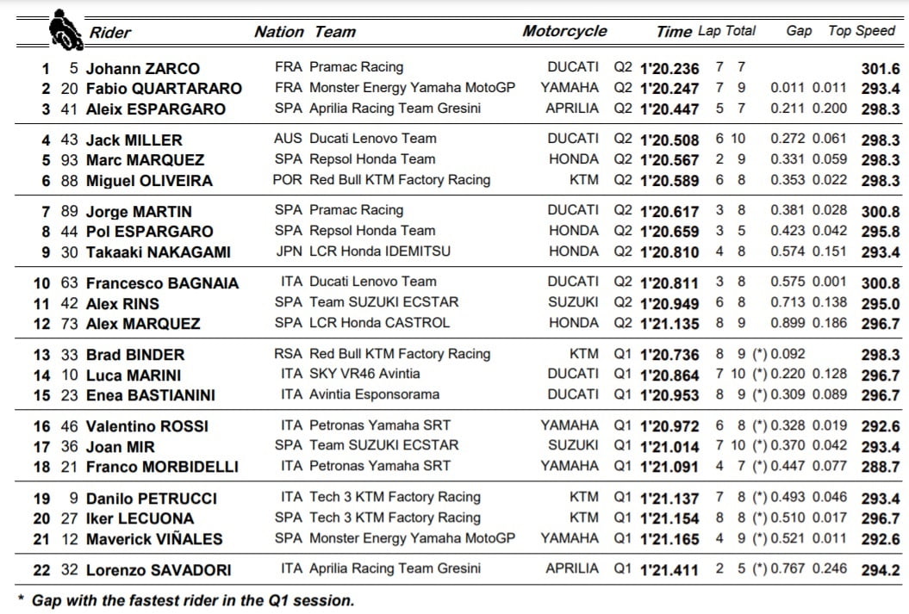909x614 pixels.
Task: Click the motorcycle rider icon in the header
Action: click(x=61, y=28)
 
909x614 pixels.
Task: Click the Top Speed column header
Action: click(x=862, y=31)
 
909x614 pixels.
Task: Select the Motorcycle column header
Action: click(x=564, y=31)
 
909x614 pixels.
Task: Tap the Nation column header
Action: click(x=278, y=32)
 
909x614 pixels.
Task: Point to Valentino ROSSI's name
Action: click(x=147, y=426)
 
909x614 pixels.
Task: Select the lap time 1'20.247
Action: click(x=668, y=88)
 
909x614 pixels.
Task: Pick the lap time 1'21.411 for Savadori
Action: click(x=668, y=570)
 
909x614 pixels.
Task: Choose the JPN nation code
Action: click(x=288, y=251)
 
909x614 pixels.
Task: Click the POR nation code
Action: click(x=288, y=180)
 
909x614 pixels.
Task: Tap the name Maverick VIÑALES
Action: click(x=154, y=539)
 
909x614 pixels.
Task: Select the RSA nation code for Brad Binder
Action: click(x=288, y=354)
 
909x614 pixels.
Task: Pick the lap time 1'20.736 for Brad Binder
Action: click(x=668, y=355)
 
